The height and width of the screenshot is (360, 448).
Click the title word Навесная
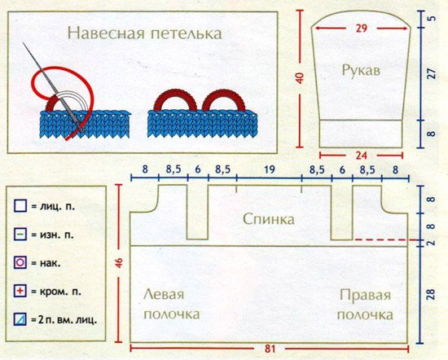pos(106,33)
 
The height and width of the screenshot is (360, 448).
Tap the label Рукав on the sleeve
pos(361,70)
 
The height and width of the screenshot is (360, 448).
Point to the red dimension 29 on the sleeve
pos(362,29)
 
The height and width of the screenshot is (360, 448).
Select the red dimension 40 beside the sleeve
pos(300,78)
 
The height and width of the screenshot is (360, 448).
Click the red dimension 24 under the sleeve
pos(361,156)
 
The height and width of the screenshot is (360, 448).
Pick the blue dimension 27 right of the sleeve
pos(433,73)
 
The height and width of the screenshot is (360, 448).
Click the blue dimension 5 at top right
pos(433,18)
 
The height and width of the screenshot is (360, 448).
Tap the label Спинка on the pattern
pos(269,219)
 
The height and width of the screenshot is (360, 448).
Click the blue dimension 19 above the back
pos(269,169)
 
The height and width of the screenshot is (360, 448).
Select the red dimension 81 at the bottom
pos(270,349)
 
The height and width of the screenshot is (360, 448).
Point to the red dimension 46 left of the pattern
pos(119,263)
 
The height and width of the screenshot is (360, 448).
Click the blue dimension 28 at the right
pos(431,294)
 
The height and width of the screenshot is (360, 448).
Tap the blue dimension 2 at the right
pos(431,243)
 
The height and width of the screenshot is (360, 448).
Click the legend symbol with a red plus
pos(20,291)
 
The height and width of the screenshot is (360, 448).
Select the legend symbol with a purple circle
pos(20,262)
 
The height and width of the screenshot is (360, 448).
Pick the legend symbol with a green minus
pos(20,235)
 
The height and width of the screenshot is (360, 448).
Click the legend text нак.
pos(51,263)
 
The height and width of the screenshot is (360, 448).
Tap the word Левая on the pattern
pos(164,294)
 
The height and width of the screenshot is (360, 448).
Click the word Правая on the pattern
pos(365,295)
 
